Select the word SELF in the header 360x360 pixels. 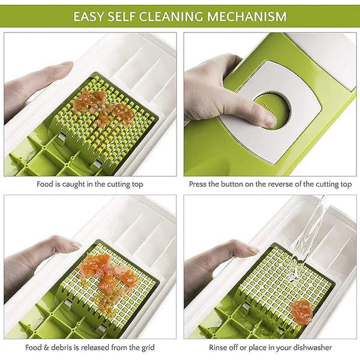[125, 16]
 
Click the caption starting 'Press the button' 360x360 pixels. [270, 185]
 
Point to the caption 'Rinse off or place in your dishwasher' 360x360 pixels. [270, 347]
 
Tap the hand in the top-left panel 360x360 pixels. [36, 90]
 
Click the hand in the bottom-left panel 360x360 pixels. [36, 258]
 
